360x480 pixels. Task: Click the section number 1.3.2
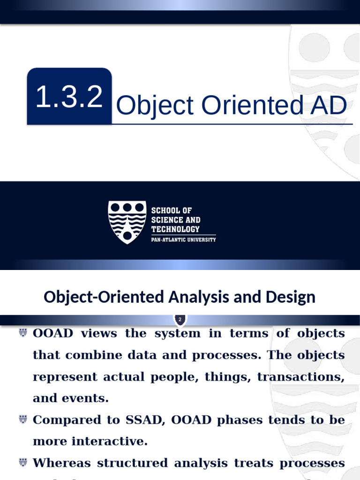69,97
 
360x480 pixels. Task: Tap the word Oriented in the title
248,106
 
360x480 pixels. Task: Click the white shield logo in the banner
127,222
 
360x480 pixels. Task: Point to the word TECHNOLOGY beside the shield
175,229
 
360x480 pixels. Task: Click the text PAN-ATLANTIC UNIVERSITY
183,240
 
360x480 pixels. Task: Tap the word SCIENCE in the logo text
164,220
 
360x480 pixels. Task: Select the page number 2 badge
180,320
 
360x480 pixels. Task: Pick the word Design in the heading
292,297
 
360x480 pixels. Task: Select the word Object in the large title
155,106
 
